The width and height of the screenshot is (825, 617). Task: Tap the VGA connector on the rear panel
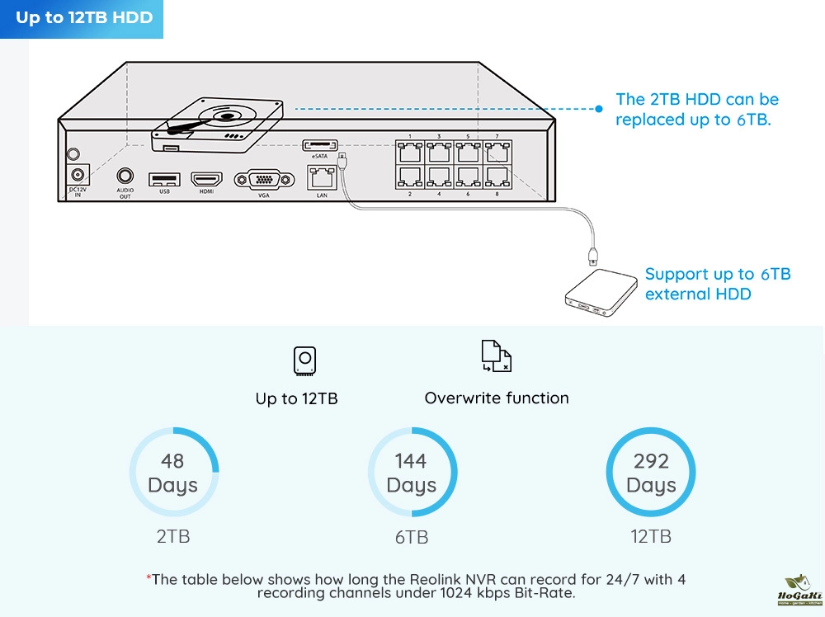(264, 180)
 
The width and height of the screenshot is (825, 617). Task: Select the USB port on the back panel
(163, 178)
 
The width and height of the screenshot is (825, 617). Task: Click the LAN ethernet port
(322, 177)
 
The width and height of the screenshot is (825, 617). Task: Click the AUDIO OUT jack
(125, 176)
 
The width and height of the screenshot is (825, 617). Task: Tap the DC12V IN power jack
(78, 175)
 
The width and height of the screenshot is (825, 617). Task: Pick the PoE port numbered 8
(497, 177)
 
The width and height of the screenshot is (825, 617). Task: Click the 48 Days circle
(173, 473)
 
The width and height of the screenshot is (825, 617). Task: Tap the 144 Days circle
(412, 473)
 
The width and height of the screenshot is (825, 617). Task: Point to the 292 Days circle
(651, 473)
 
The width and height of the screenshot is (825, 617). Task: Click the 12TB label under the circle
(651, 536)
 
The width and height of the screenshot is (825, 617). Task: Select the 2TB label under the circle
(173, 536)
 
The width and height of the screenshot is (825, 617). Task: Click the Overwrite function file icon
(496, 356)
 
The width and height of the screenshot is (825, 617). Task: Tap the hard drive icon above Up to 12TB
(304, 361)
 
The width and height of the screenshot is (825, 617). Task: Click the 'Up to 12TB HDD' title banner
(83, 18)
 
